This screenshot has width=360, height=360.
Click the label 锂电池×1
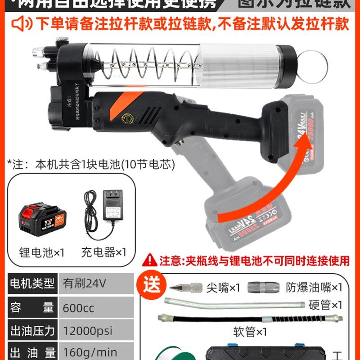pyautogui.click(x=42, y=252)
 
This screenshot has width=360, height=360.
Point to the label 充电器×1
pyautogui.click(x=104, y=252)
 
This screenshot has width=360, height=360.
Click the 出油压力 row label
pyautogui.click(x=32, y=331)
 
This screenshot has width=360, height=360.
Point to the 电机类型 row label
pyautogui.click(x=32, y=284)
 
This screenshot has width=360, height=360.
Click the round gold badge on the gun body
pyautogui.click(x=128, y=118)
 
